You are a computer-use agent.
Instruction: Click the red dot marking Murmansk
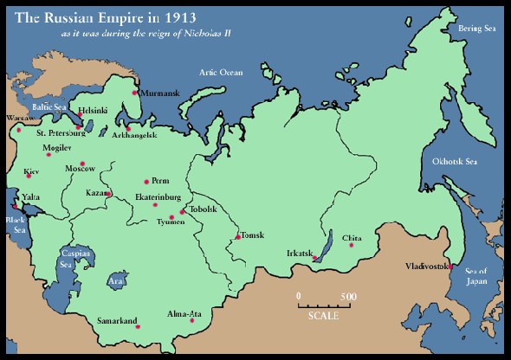[x=134, y=93]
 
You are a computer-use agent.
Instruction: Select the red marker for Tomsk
[x=237, y=236]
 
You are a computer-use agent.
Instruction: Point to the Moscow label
[x=80, y=168]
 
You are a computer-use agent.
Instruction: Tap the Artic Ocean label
[x=221, y=73]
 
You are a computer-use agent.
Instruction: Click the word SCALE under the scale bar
[x=323, y=314]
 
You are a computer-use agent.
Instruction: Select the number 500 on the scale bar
[x=348, y=297]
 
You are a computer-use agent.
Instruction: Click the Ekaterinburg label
[x=157, y=197]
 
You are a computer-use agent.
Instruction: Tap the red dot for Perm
[x=146, y=182]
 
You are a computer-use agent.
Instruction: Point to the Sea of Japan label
[x=477, y=276]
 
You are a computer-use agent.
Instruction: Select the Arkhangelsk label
[x=132, y=135]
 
